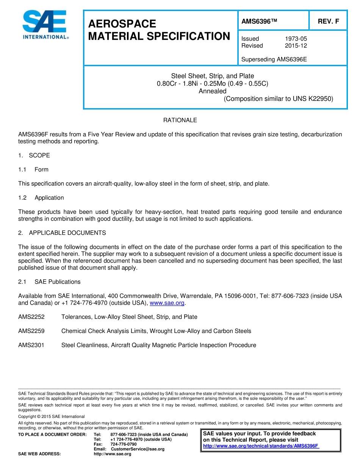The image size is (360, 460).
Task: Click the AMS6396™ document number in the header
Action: pos(259,22)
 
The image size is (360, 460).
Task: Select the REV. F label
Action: pos(328,22)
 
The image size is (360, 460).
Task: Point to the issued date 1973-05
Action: pos(296,39)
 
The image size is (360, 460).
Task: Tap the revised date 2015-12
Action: pos(296,46)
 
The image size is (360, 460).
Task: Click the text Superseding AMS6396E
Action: pos(274,60)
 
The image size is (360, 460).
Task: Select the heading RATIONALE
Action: pos(180,120)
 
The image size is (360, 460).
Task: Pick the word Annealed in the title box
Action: pos(213,91)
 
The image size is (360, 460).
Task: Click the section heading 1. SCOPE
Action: pos(34,155)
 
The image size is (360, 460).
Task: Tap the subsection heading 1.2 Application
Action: pos(41,198)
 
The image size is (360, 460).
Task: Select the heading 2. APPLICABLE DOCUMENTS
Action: pos(62,233)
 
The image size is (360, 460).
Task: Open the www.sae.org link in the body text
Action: pos(167,303)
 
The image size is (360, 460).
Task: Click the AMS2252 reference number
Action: pos(31,317)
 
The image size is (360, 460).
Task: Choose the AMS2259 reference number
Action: pos(31,331)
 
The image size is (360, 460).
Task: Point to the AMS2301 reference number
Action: pos(31,345)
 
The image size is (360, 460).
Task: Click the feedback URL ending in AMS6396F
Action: pos(261,446)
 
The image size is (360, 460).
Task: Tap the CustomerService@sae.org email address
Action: pos(138,449)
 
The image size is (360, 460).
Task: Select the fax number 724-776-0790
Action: pos(124,444)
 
